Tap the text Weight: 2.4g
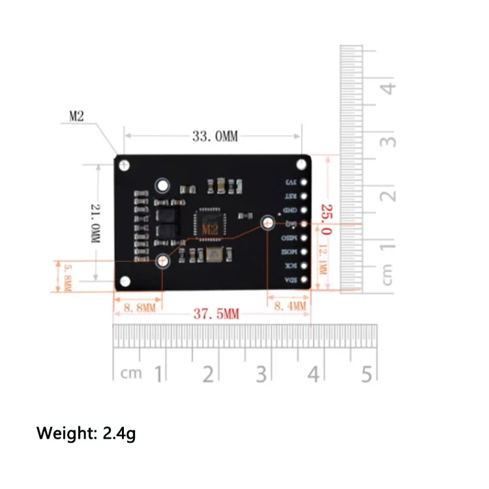point(85,433)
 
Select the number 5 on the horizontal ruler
point(366,374)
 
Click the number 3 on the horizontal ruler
point(261,374)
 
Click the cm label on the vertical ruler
point(388,273)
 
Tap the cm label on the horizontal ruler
point(131,374)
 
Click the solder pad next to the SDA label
point(303,280)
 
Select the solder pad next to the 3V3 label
point(303,181)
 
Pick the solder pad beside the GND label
point(303,210)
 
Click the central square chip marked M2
point(209,224)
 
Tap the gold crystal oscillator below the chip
point(215,255)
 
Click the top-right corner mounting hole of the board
point(302,164)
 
